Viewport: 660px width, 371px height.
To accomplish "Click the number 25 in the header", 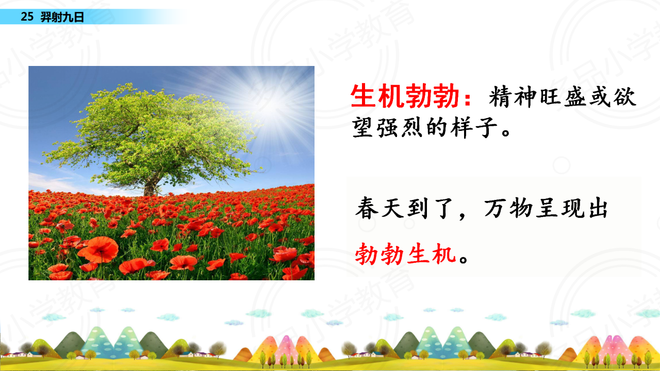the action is click(x=27, y=16).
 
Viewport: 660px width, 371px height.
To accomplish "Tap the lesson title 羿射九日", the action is click(x=62, y=17).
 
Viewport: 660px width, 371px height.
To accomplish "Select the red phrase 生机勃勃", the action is click(x=405, y=96).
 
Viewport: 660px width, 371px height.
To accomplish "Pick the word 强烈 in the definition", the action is click(x=401, y=127).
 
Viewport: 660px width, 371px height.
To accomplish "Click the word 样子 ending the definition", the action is click(x=474, y=127).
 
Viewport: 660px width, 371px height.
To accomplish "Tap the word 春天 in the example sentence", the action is click(x=379, y=208).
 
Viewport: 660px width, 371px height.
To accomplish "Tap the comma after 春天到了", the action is click(x=462, y=217).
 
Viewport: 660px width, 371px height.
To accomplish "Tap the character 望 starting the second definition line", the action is click(x=363, y=127).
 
